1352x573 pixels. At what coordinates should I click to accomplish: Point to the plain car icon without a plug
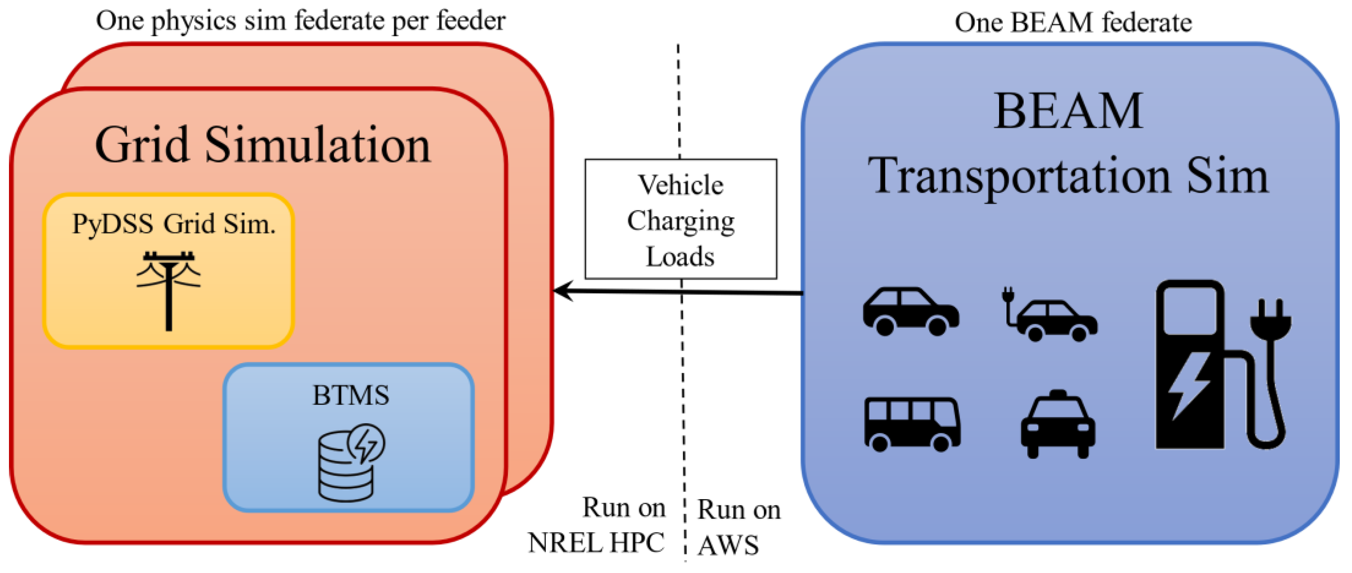911,311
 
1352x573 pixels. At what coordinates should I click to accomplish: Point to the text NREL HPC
596,542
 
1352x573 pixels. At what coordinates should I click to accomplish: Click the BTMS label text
350,395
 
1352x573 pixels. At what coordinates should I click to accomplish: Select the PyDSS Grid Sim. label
173,224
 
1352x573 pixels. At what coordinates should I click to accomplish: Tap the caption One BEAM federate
1073,22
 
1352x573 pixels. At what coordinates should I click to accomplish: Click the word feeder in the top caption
471,21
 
